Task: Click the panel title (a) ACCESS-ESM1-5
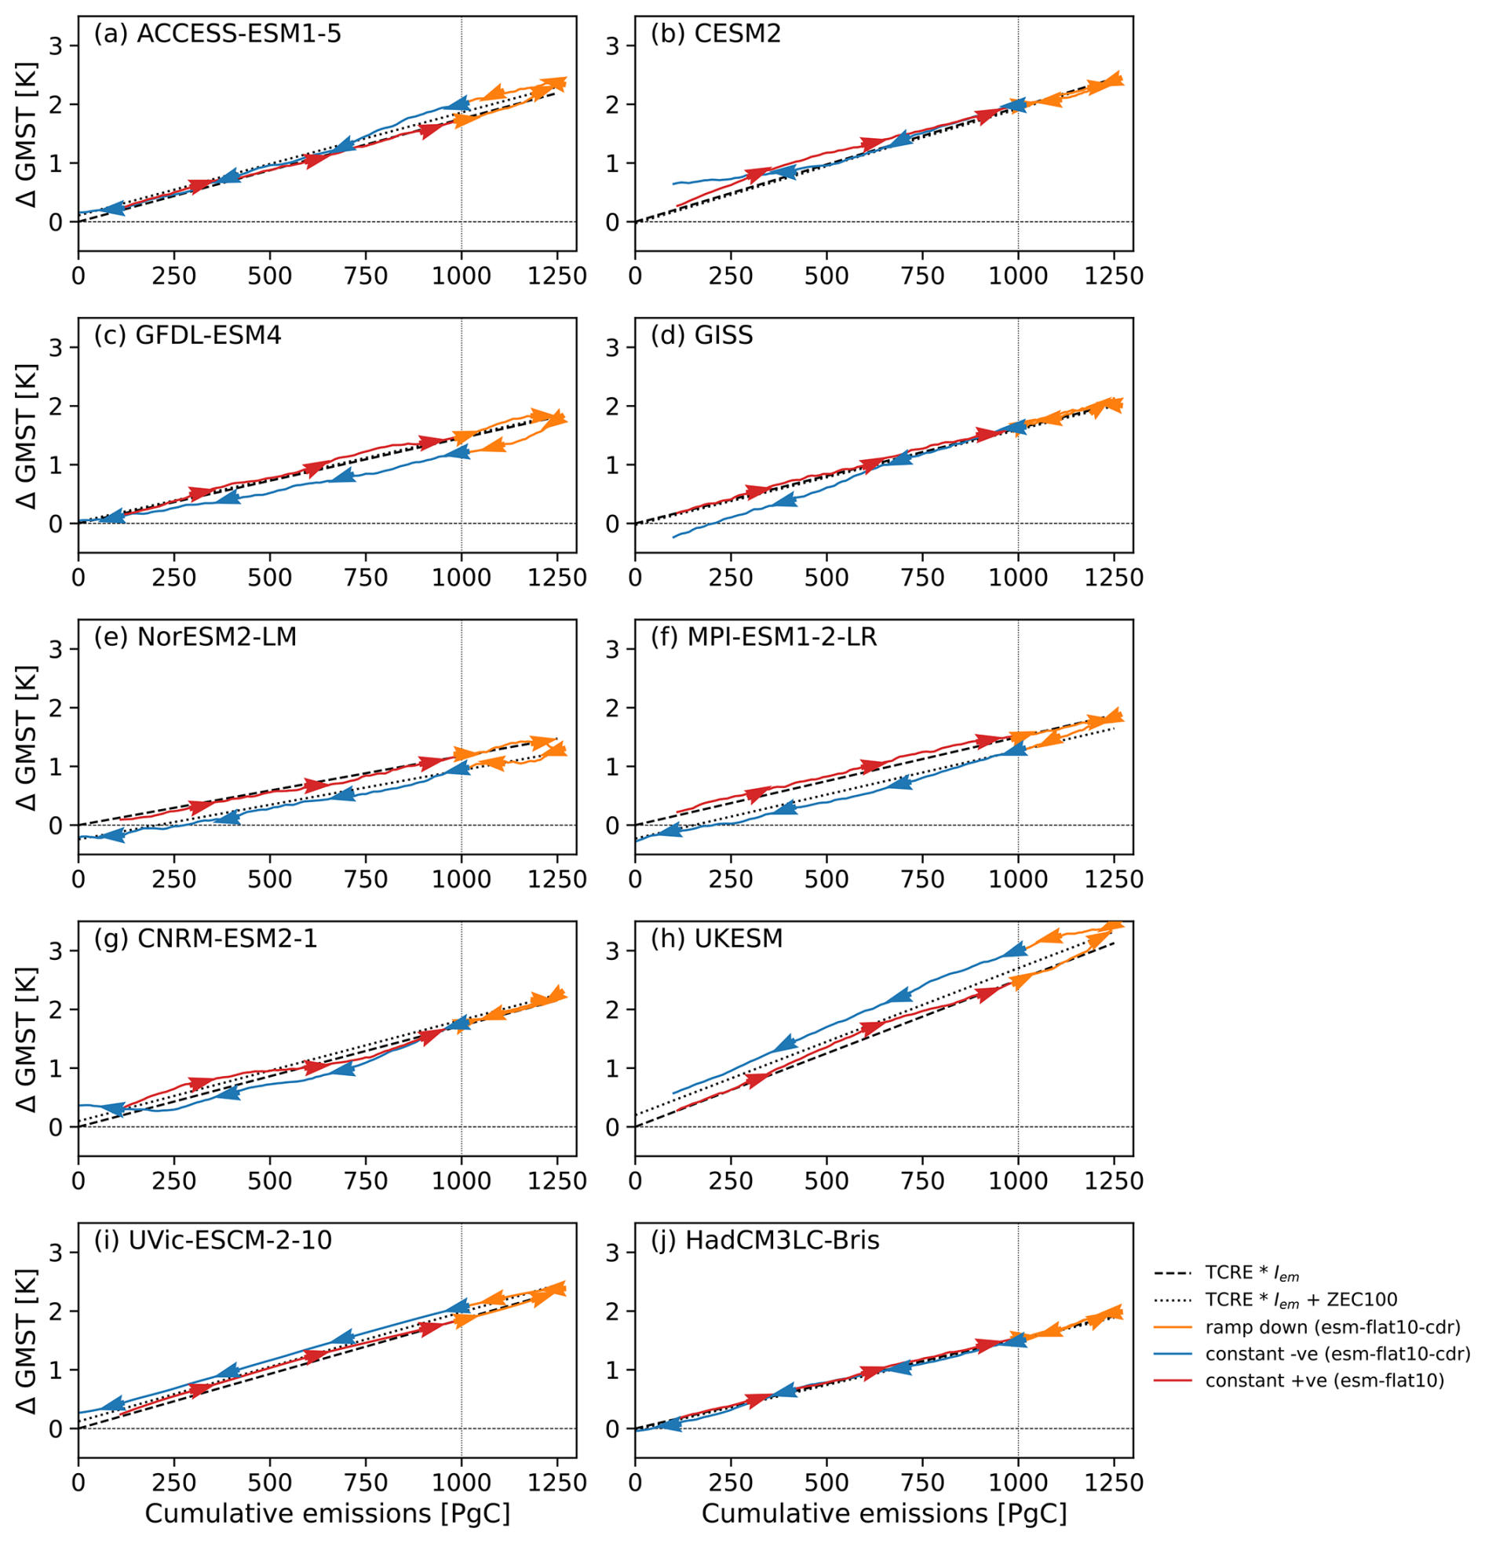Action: pyautogui.click(x=217, y=34)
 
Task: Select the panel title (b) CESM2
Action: pyautogui.click(x=715, y=34)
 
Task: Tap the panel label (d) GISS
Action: pyautogui.click(x=701, y=335)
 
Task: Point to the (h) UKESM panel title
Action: pyautogui.click(x=716, y=939)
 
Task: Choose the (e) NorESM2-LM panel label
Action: pyautogui.click(x=195, y=637)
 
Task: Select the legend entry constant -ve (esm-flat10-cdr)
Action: pyautogui.click(x=1337, y=1354)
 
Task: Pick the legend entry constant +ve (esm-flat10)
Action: pyautogui.click(x=1324, y=1380)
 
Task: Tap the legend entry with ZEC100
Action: pyautogui.click(x=1301, y=1300)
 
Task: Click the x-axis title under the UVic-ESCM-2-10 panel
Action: pyautogui.click(x=327, y=1513)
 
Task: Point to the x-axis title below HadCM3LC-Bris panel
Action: pyautogui.click(x=884, y=1513)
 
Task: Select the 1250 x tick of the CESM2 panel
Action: pyautogui.click(x=1113, y=275)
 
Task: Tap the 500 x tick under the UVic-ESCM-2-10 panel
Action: pyautogui.click(x=269, y=1483)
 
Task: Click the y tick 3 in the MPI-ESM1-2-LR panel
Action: pyautogui.click(x=611, y=649)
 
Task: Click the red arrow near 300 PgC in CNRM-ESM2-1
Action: pyautogui.click(x=202, y=1084)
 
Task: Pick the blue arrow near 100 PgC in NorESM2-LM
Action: pyautogui.click(x=112, y=834)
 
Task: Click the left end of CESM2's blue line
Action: pyautogui.click(x=673, y=184)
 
